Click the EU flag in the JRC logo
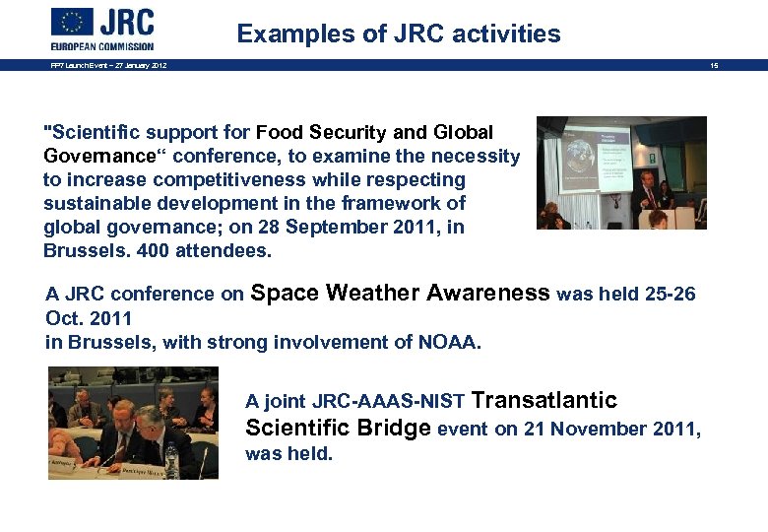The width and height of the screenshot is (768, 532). tap(72, 22)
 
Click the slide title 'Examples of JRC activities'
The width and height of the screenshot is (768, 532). tap(399, 34)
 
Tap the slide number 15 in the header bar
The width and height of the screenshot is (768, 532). tap(714, 65)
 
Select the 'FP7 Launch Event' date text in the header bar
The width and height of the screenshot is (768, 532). tap(108, 65)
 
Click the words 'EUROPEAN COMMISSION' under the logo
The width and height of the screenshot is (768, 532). tap(102, 45)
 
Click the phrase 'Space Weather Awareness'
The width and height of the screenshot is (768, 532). tap(401, 293)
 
